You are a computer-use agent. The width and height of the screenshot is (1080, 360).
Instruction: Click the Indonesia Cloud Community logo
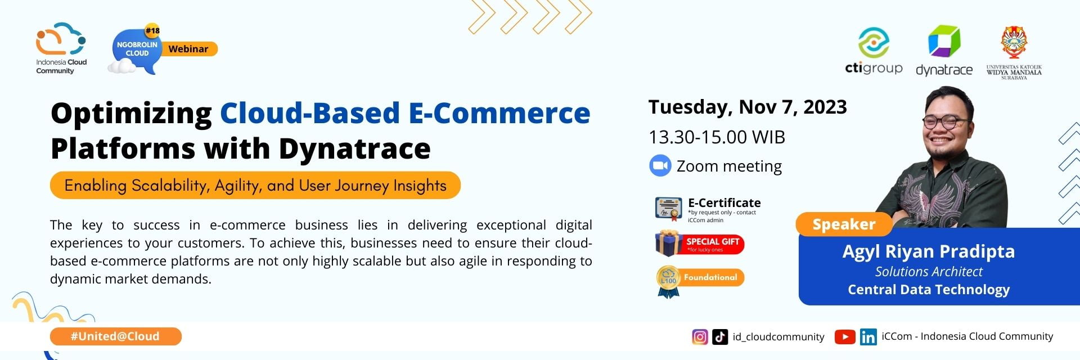[x=61, y=48]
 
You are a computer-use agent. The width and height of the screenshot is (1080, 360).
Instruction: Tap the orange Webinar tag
[x=189, y=49]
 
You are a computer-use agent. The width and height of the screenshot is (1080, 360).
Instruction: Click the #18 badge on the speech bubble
[x=152, y=30]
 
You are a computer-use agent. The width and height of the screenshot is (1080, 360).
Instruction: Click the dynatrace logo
[x=944, y=51]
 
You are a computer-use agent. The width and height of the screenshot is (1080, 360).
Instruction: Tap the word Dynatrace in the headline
[x=354, y=148]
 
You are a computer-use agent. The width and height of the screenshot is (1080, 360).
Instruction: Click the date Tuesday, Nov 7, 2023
[x=747, y=107]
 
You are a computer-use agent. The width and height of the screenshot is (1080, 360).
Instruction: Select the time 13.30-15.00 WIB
[x=717, y=137]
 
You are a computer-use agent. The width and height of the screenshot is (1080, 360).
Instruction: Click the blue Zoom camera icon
[x=660, y=166]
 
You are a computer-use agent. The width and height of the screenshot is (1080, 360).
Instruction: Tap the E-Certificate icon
[x=668, y=209]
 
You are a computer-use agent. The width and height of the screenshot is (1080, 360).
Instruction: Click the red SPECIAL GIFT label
[x=713, y=244]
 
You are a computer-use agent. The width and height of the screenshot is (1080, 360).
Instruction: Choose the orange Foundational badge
[x=710, y=277]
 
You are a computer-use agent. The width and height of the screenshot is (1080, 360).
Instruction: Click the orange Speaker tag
[x=843, y=224]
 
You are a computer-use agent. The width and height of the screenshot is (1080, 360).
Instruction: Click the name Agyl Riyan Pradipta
[x=928, y=251]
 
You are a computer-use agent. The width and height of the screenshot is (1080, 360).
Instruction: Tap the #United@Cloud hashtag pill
[x=115, y=336]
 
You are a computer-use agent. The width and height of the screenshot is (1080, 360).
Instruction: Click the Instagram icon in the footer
[x=700, y=337]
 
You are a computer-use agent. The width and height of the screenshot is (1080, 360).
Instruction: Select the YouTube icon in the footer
[x=844, y=337]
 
